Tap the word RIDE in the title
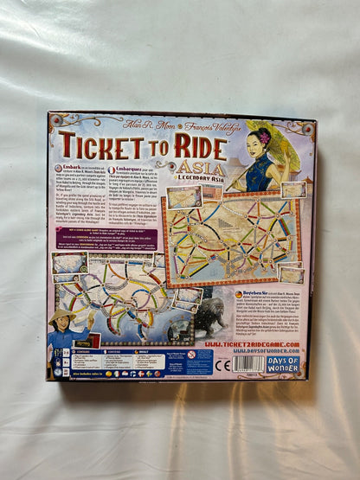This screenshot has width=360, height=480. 197,146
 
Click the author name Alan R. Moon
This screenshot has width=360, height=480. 130,124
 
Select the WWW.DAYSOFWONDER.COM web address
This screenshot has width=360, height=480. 253,353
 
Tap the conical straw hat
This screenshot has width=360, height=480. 66,317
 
